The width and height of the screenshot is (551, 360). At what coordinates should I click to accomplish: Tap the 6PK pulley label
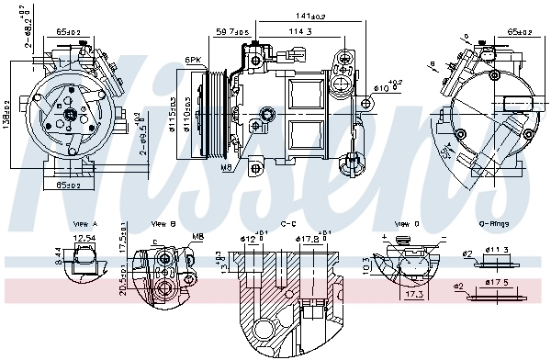tap(193, 60)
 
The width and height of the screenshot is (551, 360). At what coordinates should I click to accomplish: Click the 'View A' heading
tap(84, 224)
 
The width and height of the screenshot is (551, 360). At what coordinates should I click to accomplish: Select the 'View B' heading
tap(163, 224)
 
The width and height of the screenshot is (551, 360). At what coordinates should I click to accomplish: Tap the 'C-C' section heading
tap(288, 224)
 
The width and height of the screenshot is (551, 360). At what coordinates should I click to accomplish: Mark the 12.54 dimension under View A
tap(84, 239)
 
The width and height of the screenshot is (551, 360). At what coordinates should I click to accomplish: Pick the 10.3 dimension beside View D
tap(365, 264)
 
